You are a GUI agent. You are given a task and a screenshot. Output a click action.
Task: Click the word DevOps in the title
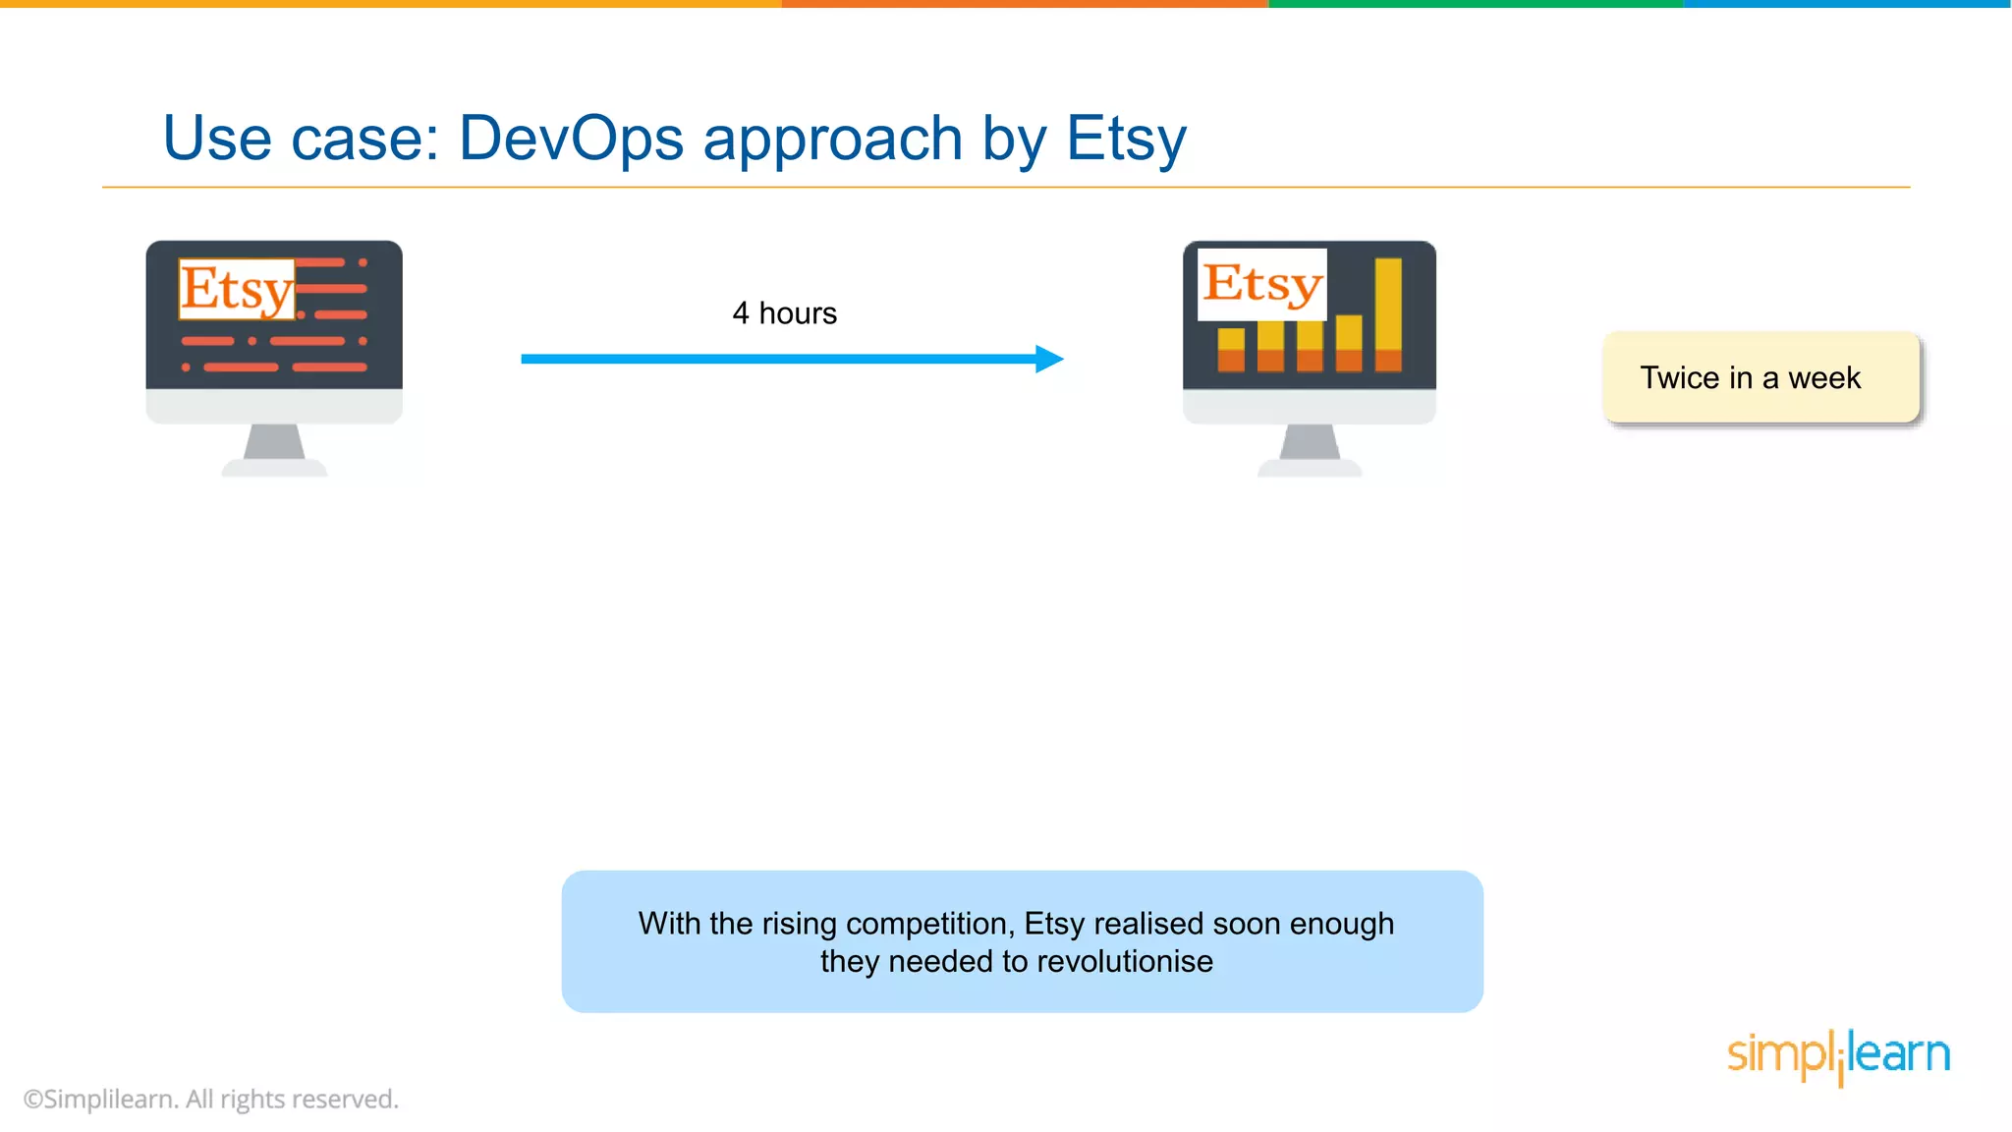(571, 139)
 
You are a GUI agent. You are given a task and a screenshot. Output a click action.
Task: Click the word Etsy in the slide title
(1126, 139)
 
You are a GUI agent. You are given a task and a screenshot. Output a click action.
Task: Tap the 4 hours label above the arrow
(784, 313)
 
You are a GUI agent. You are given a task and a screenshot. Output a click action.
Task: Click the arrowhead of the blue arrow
(1049, 359)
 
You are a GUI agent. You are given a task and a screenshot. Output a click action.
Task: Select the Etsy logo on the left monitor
(237, 289)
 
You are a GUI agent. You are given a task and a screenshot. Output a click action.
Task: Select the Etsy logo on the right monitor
(1262, 284)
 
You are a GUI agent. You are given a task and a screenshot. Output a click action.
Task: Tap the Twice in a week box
(1760, 378)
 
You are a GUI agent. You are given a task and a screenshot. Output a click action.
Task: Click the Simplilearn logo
(1838, 1055)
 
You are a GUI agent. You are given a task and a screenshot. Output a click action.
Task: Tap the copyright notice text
(211, 1099)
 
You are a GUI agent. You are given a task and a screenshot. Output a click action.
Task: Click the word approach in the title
(833, 139)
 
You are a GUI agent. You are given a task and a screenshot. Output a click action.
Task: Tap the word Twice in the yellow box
(1680, 378)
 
